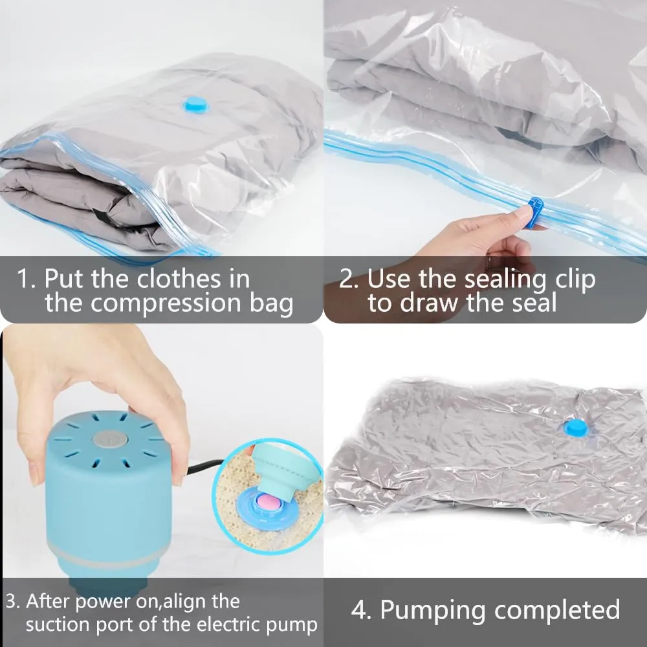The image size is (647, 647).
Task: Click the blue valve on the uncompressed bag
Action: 196,105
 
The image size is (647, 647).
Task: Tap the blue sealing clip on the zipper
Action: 535,212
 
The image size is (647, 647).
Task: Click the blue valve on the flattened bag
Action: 576,428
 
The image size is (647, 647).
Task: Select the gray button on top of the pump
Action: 108,439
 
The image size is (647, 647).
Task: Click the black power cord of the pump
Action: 206,467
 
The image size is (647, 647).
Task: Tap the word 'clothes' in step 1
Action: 179,278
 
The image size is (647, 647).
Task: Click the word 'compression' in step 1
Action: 166,303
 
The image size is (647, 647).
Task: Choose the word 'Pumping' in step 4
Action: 432,610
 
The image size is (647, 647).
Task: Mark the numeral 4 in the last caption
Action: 360,609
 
